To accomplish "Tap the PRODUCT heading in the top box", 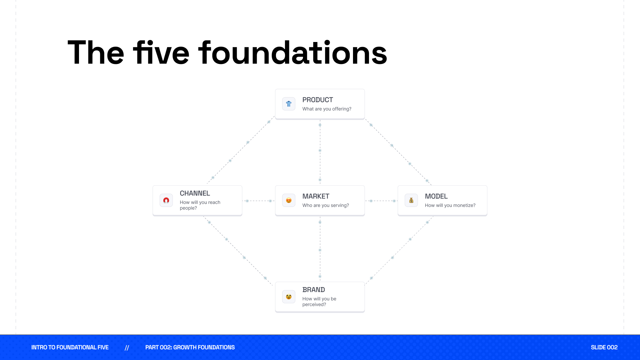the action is pos(317,100).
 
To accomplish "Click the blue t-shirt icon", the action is pos(289,104).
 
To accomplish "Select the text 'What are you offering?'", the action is pos(327,109).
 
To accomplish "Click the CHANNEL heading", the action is pos(195,193).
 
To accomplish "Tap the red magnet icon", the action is pos(166,200).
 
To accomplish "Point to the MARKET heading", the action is pos(316,196).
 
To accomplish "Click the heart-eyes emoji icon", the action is pos(289,200).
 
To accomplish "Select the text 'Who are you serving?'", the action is pos(325,205).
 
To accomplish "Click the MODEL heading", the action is pos(436,196).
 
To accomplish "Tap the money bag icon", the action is pos(411,200).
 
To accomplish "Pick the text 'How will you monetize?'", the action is pos(450,205).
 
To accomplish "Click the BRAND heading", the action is pos(313,290).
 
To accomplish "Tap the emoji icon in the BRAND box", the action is pos(289,297).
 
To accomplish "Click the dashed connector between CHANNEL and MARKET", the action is pos(259,201).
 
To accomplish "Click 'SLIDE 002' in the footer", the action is pos(604,347).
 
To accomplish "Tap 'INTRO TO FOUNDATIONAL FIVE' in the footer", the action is pos(70,347).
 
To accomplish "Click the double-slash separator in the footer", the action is pos(127,348).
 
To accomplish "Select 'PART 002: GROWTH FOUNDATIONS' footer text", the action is pos(190,347).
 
